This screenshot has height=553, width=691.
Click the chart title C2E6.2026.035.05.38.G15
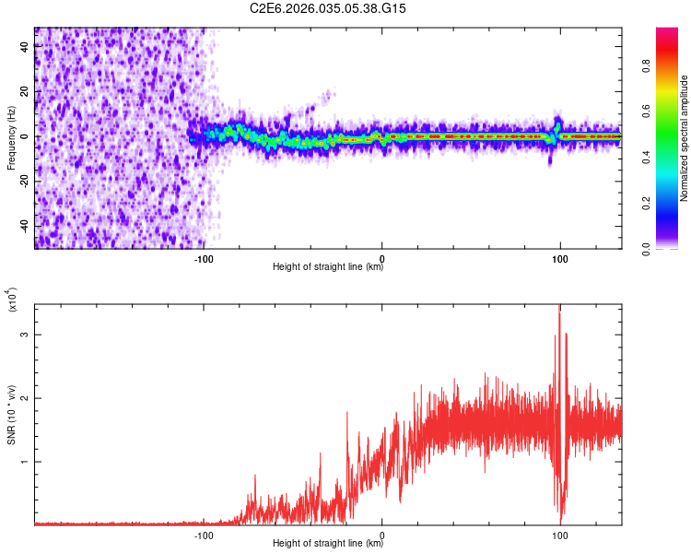click(x=328, y=8)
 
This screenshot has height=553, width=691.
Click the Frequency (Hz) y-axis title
click(x=11, y=137)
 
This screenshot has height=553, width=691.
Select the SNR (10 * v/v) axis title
click(x=11, y=414)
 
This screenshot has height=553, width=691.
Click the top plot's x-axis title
click(x=328, y=267)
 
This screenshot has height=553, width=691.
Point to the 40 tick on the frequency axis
click(x=23, y=47)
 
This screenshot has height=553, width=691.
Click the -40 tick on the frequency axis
click(x=23, y=226)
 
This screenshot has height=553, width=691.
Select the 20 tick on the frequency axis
click(x=23, y=92)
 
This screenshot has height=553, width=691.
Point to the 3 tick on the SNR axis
click(x=23, y=335)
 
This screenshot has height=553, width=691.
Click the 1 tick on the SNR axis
click(x=23, y=461)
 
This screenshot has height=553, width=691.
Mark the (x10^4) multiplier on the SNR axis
click(x=12, y=300)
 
